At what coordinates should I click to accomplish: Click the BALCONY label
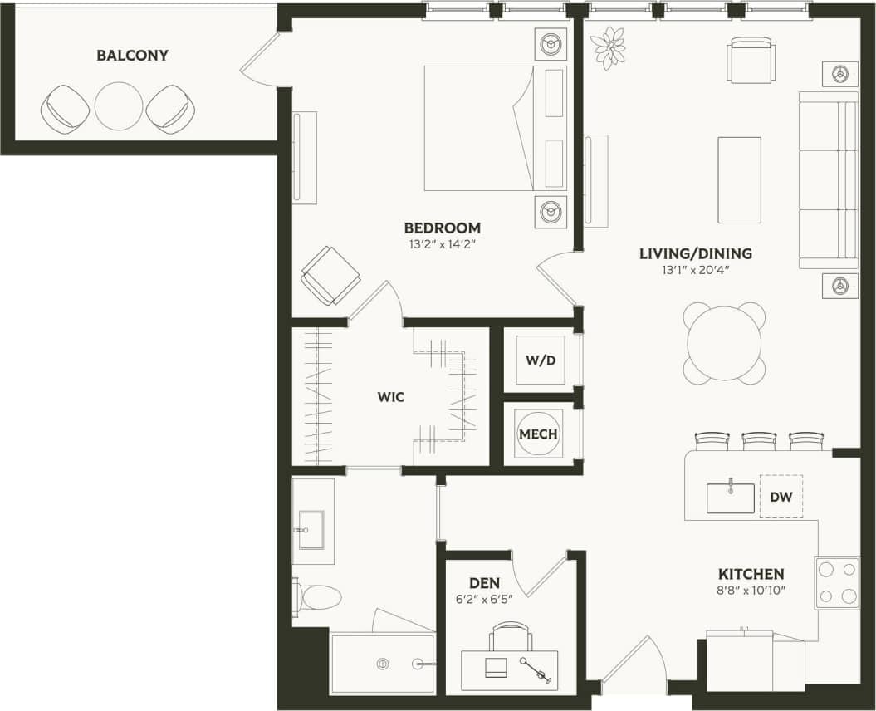pos(132,56)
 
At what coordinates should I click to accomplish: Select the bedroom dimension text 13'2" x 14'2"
pos(442,245)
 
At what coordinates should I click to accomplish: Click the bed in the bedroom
pos(482,129)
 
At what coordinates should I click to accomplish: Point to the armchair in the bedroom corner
pos(330,275)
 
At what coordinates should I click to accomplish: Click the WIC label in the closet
pos(390,397)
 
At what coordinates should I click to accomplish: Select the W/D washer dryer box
pos(540,360)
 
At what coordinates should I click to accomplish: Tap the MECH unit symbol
pos(539,434)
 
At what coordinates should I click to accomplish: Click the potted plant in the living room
pos(609,47)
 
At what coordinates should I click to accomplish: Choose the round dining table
pos(724,343)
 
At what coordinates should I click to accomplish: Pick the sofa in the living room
pos(828,180)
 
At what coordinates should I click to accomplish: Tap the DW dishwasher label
pos(781,497)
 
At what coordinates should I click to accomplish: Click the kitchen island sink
pos(731,498)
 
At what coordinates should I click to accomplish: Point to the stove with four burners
pos(837,583)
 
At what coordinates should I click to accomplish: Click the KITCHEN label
pos(751,574)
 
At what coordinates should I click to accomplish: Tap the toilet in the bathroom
pos(319,596)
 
